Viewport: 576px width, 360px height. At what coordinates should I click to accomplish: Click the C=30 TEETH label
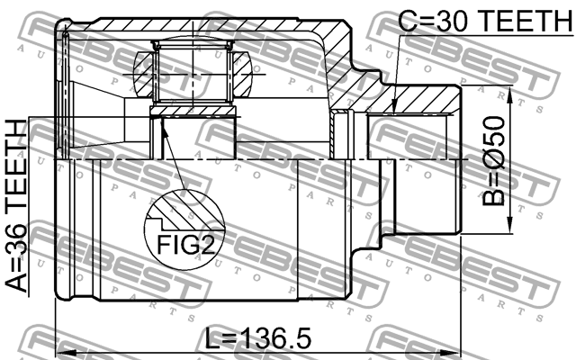click(x=475, y=20)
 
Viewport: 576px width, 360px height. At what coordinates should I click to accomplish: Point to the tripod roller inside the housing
click(x=193, y=73)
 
